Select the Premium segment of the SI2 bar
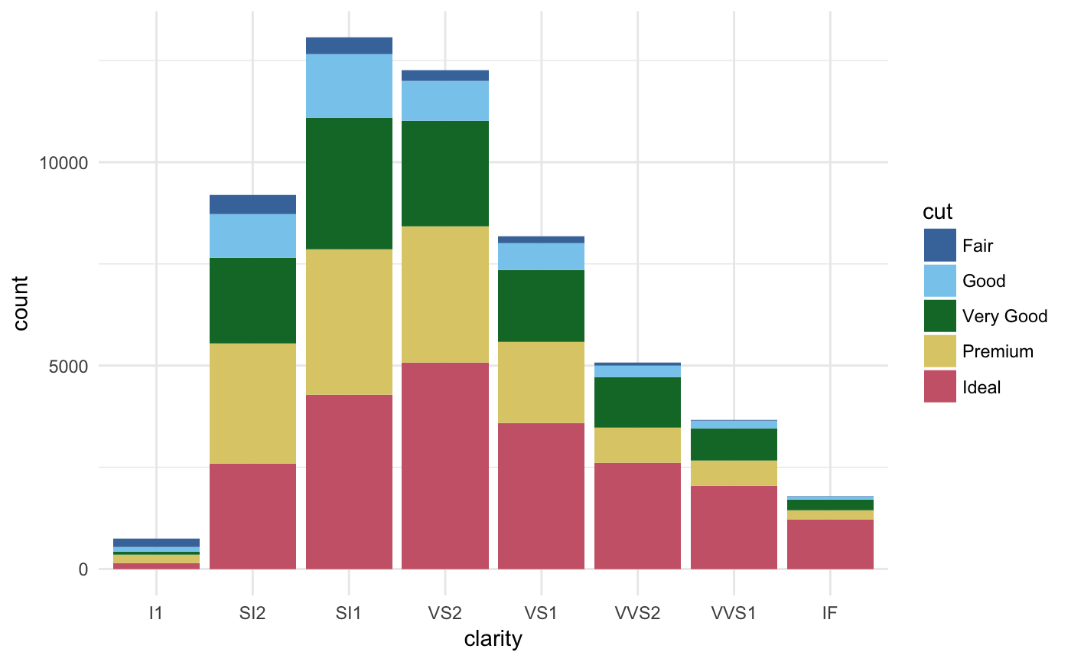pyautogui.click(x=252, y=403)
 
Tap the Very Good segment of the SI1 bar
pyautogui.click(x=349, y=184)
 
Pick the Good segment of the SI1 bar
pyautogui.click(x=349, y=86)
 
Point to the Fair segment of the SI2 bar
pyautogui.click(x=252, y=204)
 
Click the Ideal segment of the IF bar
pyautogui.click(x=830, y=544)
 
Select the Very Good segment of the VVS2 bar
pyautogui.click(x=637, y=402)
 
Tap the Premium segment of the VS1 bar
pyautogui.click(x=541, y=382)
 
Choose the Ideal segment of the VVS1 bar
pyautogui.click(x=734, y=527)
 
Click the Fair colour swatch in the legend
pyautogui.click(x=939, y=246)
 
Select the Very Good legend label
pyautogui.click(x=1004, y=316)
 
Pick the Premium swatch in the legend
pyautogui.click(x=939, y=351)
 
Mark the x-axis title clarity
pyautogui.click(x=493, y=639)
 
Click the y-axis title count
pyautogui.click(x=21, y=303)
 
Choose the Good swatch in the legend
pyautogui.click(x=939, y=281)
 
